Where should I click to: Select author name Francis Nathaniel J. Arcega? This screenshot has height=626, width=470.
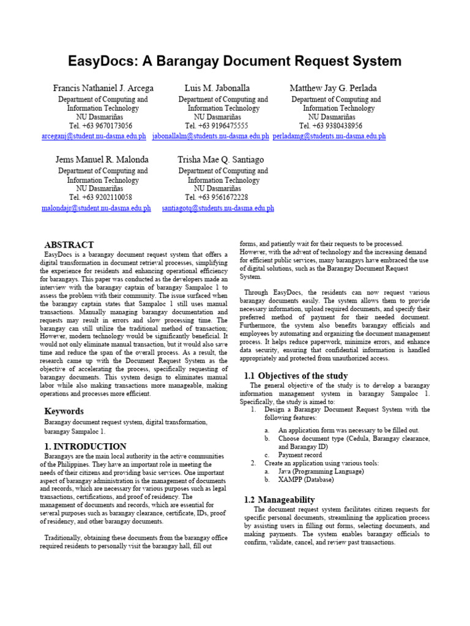[x=103, y=89]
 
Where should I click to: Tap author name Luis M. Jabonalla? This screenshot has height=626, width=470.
[x=217, y=89]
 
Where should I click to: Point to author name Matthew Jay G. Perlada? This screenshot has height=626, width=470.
[x=333, y=89]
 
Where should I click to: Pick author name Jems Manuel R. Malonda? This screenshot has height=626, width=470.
[x=102, y=160]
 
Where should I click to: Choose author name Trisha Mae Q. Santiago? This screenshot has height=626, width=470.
[x=220, y=160]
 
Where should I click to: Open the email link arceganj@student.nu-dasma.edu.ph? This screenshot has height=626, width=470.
[x=94, y=136]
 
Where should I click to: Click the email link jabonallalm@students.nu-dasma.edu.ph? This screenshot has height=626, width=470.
[x=211, y=136]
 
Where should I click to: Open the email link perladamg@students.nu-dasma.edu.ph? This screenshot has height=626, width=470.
[x=329, y=136]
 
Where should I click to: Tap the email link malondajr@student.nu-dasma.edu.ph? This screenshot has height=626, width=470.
[x=95, y=208]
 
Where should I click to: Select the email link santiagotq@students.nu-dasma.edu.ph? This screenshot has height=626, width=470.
[x=218, y=208]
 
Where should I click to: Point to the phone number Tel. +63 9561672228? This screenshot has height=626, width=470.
[x=217, y=198]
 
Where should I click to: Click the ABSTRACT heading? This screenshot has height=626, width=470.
[x=69, y=245]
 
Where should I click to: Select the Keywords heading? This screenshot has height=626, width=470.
[x=64, y=411]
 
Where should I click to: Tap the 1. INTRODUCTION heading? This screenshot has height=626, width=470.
[x=86, y=446]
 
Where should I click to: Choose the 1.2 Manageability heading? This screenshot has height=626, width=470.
[x=279, y=499]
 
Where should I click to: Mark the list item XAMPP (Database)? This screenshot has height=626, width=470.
[x=306, y=481]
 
